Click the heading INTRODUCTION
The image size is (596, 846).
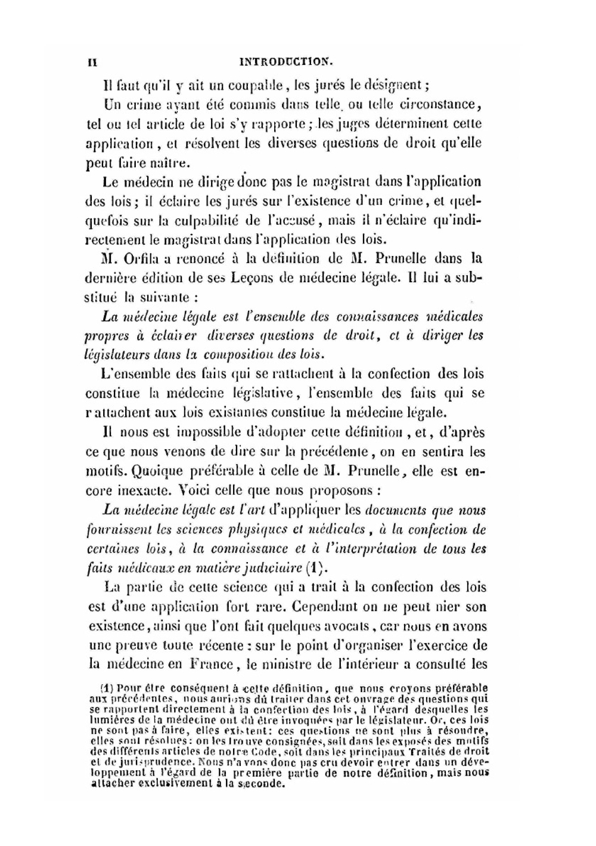point(285,61)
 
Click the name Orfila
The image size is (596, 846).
point(141,259)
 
